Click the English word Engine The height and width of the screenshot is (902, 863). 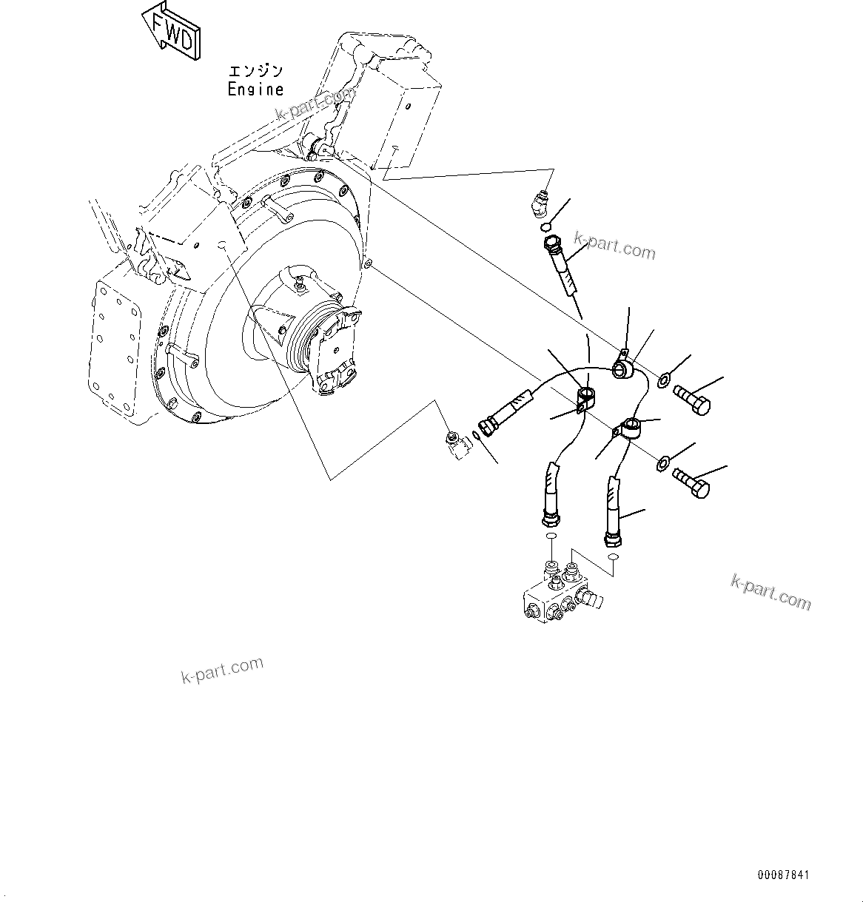coord(255,90)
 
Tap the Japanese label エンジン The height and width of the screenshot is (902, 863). coord(255,71)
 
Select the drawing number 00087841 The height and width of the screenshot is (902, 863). coord(783,875)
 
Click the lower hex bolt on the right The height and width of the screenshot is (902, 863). coord(691,482)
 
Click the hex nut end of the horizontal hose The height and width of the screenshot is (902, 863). coord(488,427)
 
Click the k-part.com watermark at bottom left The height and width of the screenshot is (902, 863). coord(222,670)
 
